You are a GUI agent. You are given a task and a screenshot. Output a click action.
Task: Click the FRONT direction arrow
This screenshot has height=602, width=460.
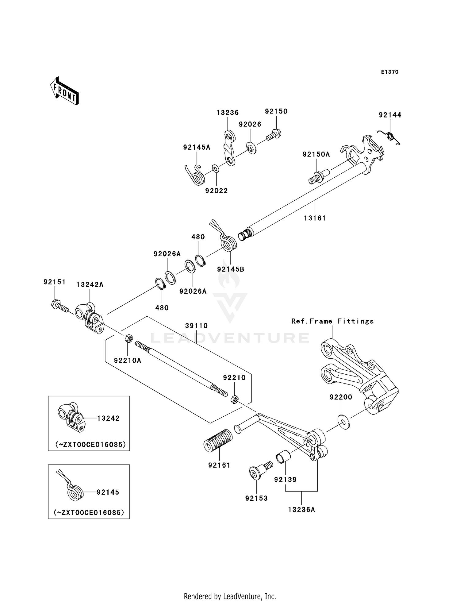point(65,91)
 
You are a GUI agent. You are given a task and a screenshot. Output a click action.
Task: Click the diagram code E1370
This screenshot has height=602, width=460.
point(389,72)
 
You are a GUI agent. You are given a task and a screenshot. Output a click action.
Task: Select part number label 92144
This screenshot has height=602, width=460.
point(390,115)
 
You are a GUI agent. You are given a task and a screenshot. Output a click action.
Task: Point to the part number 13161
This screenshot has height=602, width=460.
point(315,218)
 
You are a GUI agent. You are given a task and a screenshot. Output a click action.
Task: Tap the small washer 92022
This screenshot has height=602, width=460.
point(215,168)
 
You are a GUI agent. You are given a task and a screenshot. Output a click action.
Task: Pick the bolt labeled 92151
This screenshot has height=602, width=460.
point(59,306)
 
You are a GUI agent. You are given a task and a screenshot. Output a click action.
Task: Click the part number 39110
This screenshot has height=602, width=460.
point(196,326)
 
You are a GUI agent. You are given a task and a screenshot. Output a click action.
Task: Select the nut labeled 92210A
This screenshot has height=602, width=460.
point(129,339)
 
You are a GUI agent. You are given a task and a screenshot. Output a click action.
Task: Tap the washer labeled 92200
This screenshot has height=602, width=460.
point(343,422)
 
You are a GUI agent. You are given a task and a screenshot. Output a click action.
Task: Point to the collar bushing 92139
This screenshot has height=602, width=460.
point(283,457)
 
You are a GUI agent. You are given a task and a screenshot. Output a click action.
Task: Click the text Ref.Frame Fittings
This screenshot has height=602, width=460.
point(332,321)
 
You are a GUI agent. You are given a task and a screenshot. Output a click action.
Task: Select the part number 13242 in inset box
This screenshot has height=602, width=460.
point(108,418)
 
